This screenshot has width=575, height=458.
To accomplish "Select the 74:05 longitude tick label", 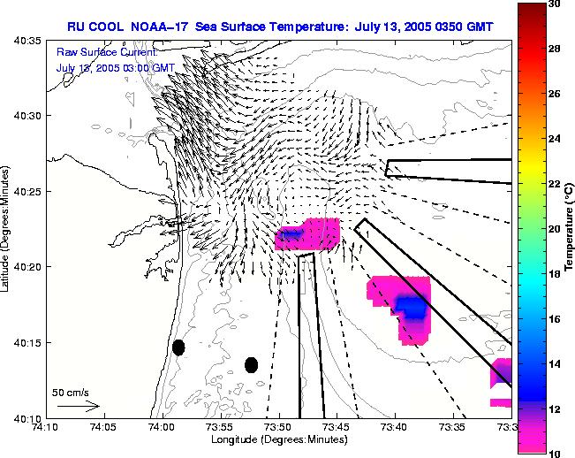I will [x=103, y=428].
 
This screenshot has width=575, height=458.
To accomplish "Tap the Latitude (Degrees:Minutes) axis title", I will [x=8, y=229].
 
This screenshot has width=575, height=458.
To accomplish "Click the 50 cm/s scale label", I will [x=71, y=392].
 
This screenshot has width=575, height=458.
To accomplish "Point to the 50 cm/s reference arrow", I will [x=79, y=406].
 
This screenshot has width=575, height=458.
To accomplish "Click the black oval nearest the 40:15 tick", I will [x=178, y=347].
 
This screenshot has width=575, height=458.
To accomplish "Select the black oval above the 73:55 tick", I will [x=251, y=365].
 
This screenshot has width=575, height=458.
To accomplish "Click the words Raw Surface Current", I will [x=107, y=53].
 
